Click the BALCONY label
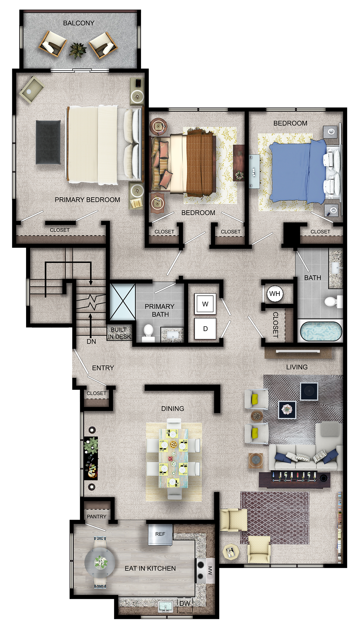coord(79,23)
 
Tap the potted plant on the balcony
coord(78,50)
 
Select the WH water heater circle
coord(275,294)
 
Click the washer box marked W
coord(205,304)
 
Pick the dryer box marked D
coord(205,328)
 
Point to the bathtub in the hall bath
coord(321,331)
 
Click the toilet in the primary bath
coord(148,333)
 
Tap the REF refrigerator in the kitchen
coord(160,534)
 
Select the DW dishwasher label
coord(185,603)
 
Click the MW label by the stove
coord(210,571)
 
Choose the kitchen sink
coord(165,606)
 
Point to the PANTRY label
coord(96,516)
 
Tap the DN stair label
coord(91,341)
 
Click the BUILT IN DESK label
coord(119,333)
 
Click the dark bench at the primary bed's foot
coord(48,142)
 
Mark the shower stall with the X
coord(122,302)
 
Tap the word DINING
coord(172,409)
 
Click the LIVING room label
coord(297,367)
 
